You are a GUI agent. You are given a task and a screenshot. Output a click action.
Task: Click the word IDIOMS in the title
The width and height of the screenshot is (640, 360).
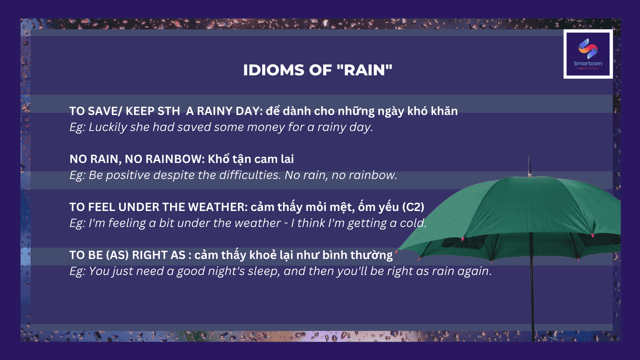[x=274, y=70]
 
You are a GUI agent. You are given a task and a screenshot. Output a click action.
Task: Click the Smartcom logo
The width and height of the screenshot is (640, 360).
[x=588, y=54]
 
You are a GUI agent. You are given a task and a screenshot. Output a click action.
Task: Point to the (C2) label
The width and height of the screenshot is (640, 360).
[x=413, y=207]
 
